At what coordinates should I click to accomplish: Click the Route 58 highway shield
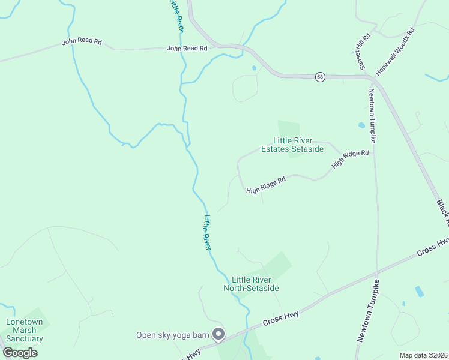[321, 77]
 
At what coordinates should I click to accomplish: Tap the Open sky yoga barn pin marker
[219, 334]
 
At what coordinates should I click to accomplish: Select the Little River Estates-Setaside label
[292, 145]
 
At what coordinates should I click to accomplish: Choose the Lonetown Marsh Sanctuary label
[25, 330]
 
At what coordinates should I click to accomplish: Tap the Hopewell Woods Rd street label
[395, 51]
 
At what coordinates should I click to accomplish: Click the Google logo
[20, 352]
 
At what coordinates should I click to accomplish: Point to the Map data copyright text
[423, 355]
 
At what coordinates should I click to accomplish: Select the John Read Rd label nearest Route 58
[187, 48]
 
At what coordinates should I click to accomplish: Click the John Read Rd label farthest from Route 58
[82, 43]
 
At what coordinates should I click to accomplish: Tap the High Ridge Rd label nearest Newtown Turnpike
[351, 158]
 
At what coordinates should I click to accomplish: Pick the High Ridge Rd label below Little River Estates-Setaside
[265, 184]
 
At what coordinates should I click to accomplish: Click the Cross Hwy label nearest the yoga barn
[281, 319]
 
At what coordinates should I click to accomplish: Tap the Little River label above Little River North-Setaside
[208, 233]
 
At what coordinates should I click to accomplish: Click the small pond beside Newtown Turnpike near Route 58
[361, 125]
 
